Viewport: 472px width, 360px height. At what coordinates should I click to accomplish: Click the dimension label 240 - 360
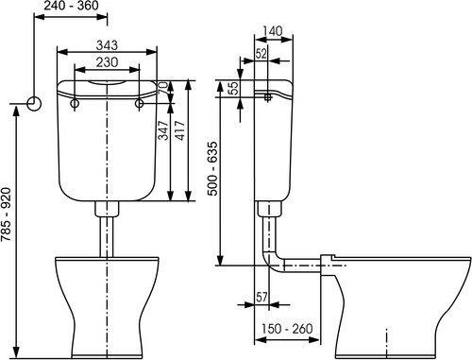71,6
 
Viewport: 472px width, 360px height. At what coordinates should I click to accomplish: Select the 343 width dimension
107,45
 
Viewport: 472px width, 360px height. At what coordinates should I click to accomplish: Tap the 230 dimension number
107,62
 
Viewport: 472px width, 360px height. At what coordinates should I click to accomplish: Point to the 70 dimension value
163,87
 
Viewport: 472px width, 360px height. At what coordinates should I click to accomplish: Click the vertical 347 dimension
163,130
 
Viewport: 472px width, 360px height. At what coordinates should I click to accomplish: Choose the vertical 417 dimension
180,130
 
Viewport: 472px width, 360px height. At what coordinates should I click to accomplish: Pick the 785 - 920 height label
6,214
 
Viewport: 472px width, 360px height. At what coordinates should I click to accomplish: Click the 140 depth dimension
273,31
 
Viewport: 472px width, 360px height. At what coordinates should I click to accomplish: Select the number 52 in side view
261,54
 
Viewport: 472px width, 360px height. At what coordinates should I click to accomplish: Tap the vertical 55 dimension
233,88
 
